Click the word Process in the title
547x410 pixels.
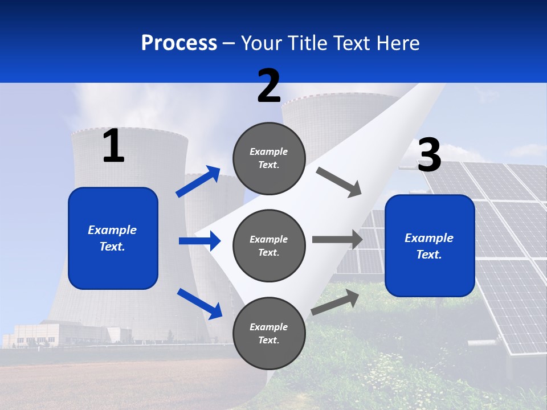point(179,43)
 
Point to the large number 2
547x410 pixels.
point(269,86)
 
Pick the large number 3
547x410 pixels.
point(429,155)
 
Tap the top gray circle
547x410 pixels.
point(269,158)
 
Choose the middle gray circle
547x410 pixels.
point(269,246)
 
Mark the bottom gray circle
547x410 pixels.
point(269,334)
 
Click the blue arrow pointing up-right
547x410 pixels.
point(198,182)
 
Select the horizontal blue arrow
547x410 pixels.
point(199,241)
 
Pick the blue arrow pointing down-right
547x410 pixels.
point(200,303)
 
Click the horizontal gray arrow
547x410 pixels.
point(337,239)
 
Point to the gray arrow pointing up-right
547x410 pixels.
point(335,302)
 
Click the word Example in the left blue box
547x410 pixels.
point(112,230)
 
